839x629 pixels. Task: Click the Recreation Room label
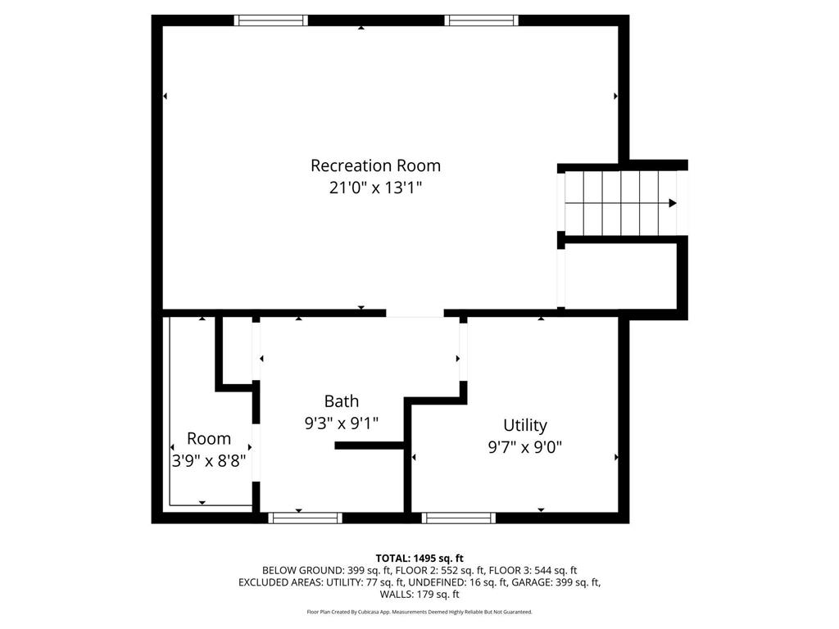(x=375, y=165)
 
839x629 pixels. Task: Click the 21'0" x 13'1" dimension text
(x=375, y=188)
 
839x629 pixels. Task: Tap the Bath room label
(x=342, y=401)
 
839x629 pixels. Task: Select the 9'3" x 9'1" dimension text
(x=342, y=423)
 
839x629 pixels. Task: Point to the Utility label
(x=525, y=425)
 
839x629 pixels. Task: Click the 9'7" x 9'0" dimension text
(x=525, y=446)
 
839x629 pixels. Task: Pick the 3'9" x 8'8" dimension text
(x=209, y=460)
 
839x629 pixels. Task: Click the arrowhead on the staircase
(x=673, y=203)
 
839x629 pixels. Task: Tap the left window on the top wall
(x=271, y=20)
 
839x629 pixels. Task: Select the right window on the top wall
(x=482, y=20)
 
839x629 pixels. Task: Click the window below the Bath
(x=305, y=518)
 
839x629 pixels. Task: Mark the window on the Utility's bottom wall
(x=459, y=518)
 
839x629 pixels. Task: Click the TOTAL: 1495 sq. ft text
(x=419, y=559)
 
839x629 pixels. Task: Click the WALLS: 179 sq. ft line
(x=419, y=595)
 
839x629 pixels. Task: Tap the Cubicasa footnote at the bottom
(x=419, y=612)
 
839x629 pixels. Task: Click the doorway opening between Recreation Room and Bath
(x=415, y=313)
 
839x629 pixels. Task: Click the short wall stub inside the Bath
(x=370, y=446)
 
